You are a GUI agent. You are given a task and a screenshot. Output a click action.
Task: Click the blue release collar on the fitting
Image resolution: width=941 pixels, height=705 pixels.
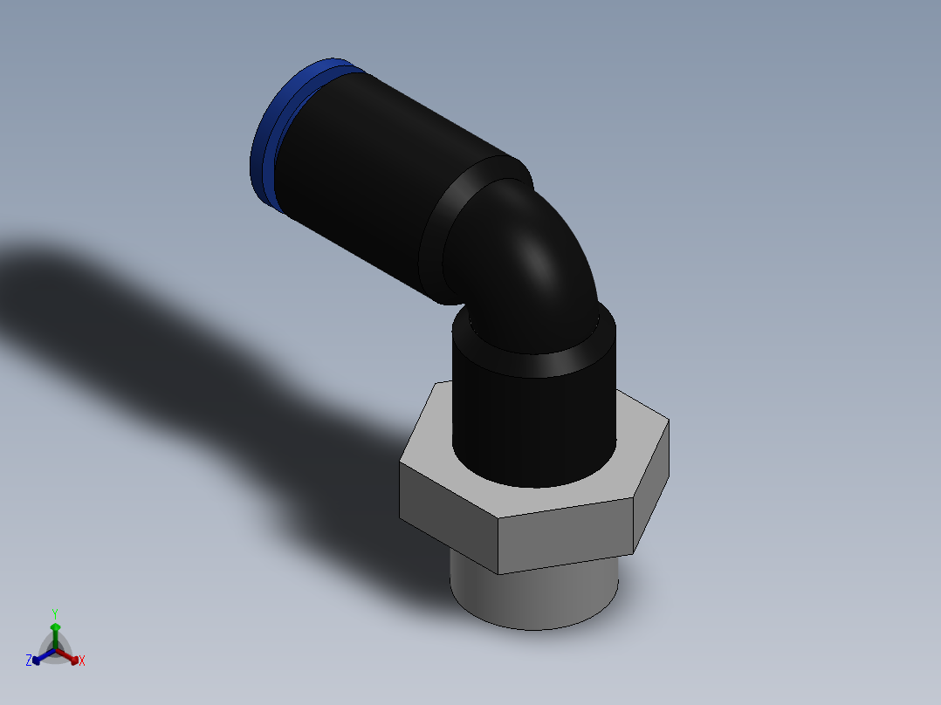tap(266, 140)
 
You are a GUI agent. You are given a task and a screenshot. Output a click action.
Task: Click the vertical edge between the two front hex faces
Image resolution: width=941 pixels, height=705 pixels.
tap(498, 546)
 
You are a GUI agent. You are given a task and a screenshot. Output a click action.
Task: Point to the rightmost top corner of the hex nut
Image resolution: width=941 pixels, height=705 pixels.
tap(669, 421)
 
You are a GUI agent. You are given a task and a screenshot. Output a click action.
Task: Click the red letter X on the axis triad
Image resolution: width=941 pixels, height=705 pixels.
tap(82, 661)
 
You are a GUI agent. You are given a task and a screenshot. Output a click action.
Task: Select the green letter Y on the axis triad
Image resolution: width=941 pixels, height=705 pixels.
tap(54, 613)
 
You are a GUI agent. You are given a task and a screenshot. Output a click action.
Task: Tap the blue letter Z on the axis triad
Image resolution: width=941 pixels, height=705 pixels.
tap(29, 661)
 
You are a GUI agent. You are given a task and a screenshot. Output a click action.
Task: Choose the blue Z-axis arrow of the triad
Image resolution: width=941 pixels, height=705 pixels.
tap(40, 657)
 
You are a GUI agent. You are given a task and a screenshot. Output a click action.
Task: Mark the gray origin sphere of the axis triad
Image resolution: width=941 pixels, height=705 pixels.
tap(55, 651)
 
